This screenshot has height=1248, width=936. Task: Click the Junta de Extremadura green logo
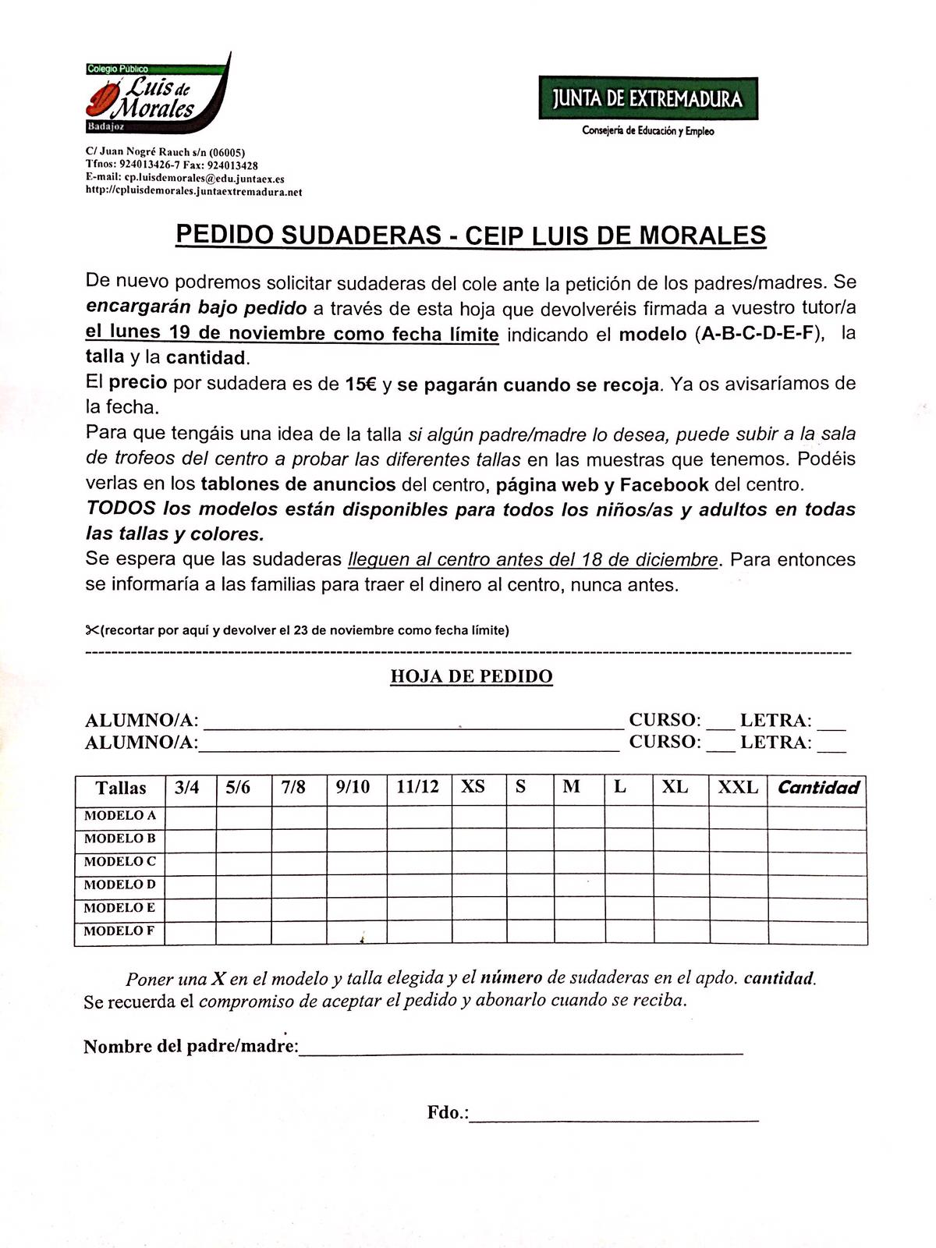647,98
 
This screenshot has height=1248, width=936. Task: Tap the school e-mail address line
185,179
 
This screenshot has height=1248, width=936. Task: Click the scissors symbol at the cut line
92,630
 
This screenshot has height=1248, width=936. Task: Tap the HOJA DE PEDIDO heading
471,676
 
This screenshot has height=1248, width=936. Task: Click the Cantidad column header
817,788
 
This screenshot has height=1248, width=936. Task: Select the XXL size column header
737,788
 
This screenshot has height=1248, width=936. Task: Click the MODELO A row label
120,816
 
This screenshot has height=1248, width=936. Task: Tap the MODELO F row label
120,931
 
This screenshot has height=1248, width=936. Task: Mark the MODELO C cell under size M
580,863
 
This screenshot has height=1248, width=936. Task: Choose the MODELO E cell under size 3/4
190,909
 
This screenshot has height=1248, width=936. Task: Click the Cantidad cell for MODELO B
817,840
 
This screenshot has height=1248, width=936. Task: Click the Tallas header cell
121,788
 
